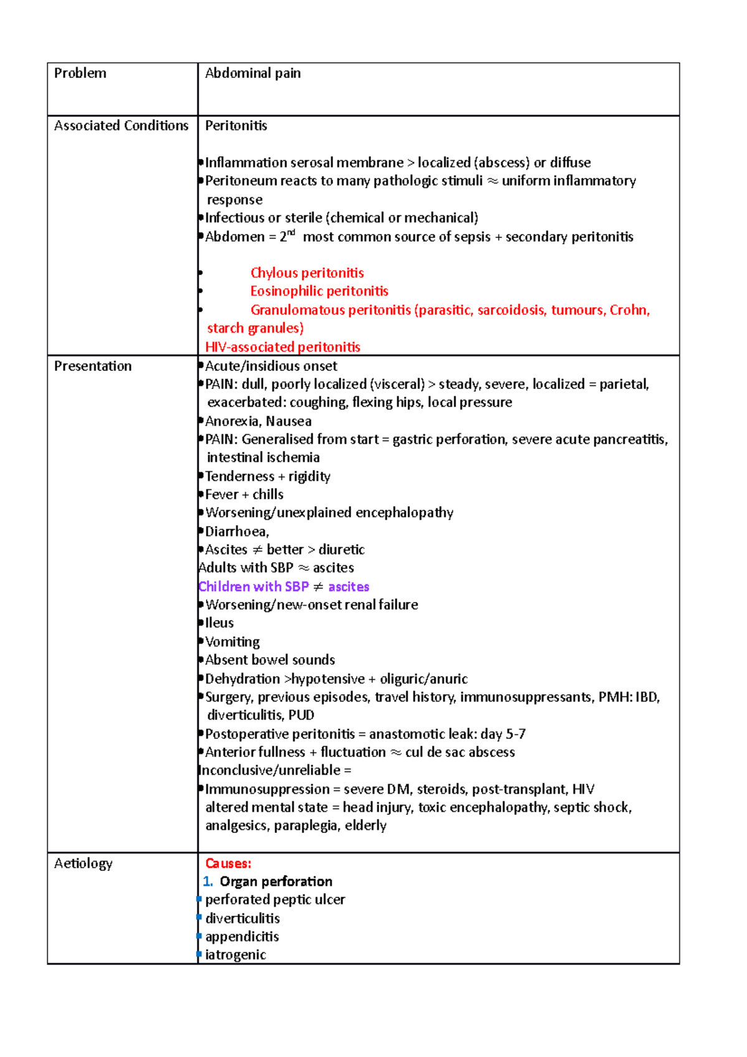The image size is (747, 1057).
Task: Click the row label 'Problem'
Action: [x=80, y=73]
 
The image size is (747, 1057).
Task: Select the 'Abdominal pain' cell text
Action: [x=253, y=73]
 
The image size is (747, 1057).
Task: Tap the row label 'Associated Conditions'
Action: [x=121, y=126]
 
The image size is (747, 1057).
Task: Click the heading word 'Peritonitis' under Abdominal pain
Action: [x=236, y=126]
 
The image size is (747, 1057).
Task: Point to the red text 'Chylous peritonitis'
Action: [x=307, y=273]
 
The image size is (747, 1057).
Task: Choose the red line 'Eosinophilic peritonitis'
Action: [x=319, y=291]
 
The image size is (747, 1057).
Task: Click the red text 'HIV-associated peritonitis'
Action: [x=283, y=347]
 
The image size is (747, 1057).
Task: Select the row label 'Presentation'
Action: [x=93, y=366]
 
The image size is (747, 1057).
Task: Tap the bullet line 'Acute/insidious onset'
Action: [x=271, y=366]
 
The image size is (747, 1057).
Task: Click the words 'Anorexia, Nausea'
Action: [x=258, y=421]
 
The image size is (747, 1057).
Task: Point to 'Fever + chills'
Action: [x=244, y=495]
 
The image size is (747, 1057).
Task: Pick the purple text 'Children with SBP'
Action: [x=253, y=587]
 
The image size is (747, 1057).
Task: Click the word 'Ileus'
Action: [x=219, y=623]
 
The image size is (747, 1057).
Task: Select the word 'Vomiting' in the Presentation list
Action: [x=232, y=642]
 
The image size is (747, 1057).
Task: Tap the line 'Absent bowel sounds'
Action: [x=270, y=660]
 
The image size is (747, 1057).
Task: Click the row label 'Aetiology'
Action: [x=83, y=863]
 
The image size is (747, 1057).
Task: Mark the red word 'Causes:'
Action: [x=228, y=863]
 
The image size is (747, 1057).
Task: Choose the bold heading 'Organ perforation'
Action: [x=276, y=881]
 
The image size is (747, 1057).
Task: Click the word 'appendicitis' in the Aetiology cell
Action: [x=242, y=937]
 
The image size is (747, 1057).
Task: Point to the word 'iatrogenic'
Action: [x=235, y=955]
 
